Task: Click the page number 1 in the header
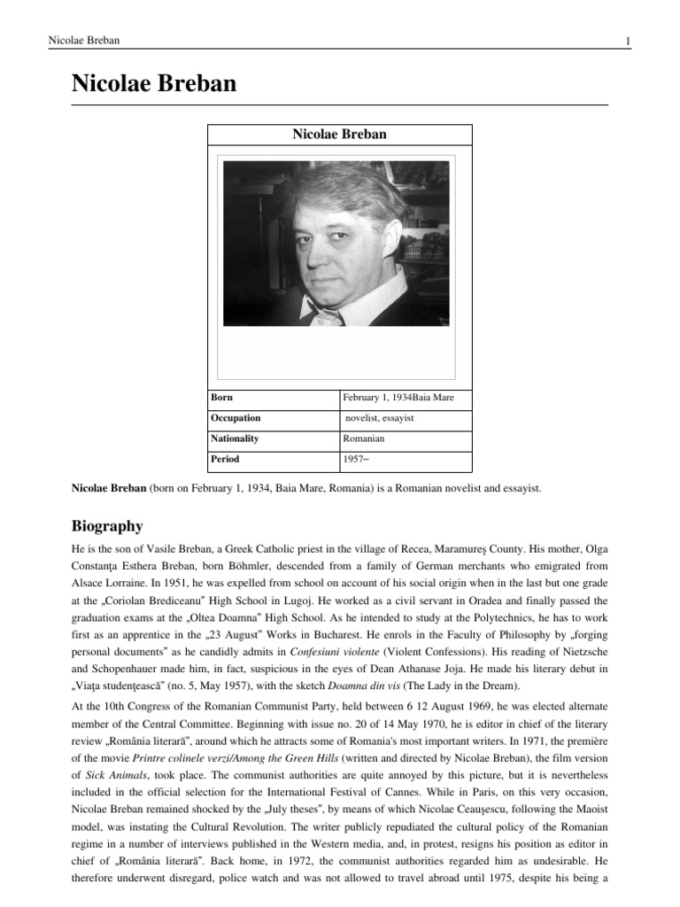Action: (627, 41)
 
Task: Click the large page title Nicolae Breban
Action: (154, 84)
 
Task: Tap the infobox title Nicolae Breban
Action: (339, 135)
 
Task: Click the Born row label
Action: (222, 398)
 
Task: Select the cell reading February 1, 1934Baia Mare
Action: (398, 398)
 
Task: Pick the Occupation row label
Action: (236, 418)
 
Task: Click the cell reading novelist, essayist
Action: (380, 418)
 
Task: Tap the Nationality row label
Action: (235, 438)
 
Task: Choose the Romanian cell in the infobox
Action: (364, 438)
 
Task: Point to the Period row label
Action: (225, 460)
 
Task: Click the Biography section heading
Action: (106, 526)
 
